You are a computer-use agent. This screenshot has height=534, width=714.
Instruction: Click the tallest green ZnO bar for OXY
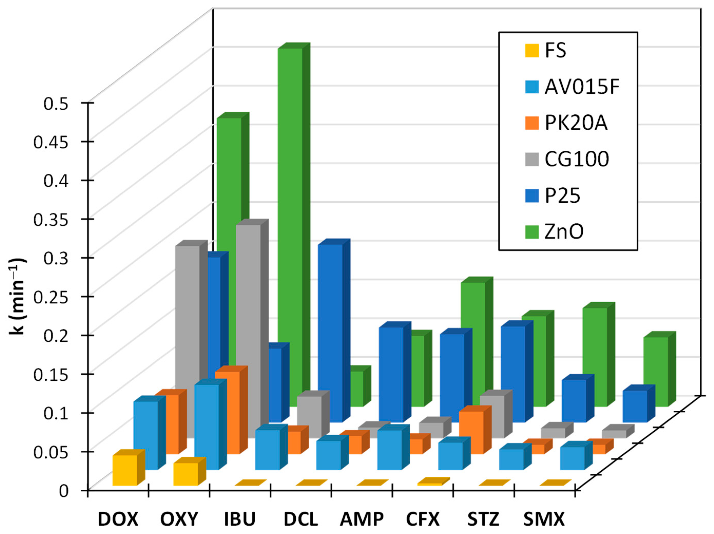pos(290,194)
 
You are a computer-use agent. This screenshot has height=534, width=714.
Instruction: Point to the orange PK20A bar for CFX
pos(471,432)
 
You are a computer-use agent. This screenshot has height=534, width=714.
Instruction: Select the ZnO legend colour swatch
pos(532,231)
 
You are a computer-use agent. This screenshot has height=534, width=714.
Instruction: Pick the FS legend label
pos(555,51)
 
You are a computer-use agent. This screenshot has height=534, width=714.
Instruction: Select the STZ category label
pos(483,519)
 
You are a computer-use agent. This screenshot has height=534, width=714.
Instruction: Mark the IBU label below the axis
pos(240,519)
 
